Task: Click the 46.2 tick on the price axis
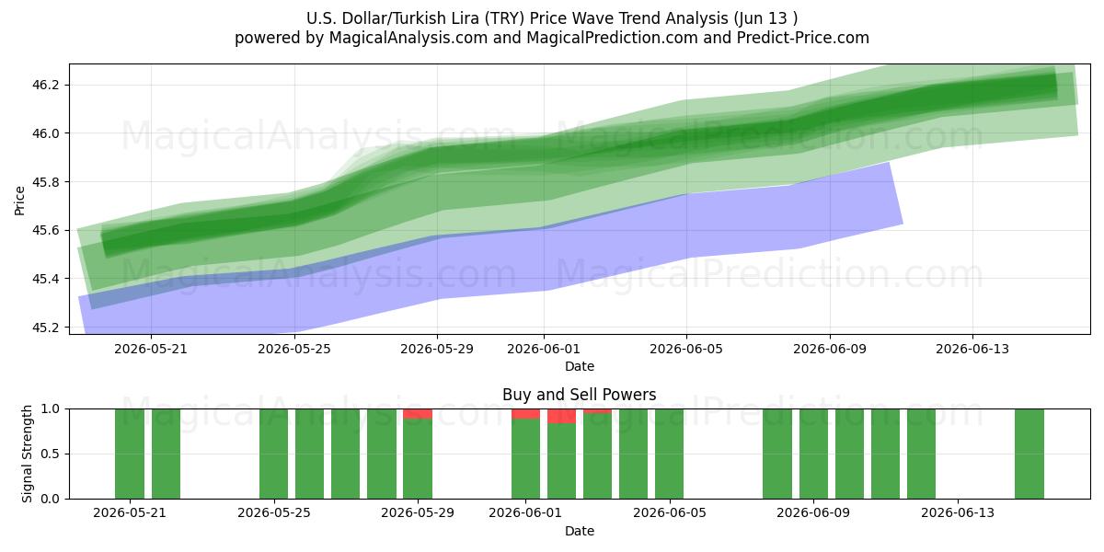coord(45,85)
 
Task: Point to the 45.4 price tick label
coord(45,279)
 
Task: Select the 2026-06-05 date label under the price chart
coord(686,349)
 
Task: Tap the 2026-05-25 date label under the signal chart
coord(274,512)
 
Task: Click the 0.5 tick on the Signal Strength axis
coord(50,454)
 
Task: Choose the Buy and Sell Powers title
coord(579,395)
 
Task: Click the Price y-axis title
coord(19,201)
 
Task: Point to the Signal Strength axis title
coord(27,454)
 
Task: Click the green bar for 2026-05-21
coord(130,454)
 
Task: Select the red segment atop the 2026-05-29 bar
coord(418,413)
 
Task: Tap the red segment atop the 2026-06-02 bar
coord(561,416)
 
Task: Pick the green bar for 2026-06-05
coord(670,454)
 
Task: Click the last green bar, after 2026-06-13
coord(1029,454)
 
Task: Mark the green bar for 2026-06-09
coord(813,454)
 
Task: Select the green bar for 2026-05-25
coord(273,454)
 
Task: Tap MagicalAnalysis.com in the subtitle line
coord(408,38)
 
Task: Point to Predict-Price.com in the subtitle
coord(803,38)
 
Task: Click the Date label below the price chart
coord(579,366)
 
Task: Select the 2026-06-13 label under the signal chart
coord(958,512)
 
